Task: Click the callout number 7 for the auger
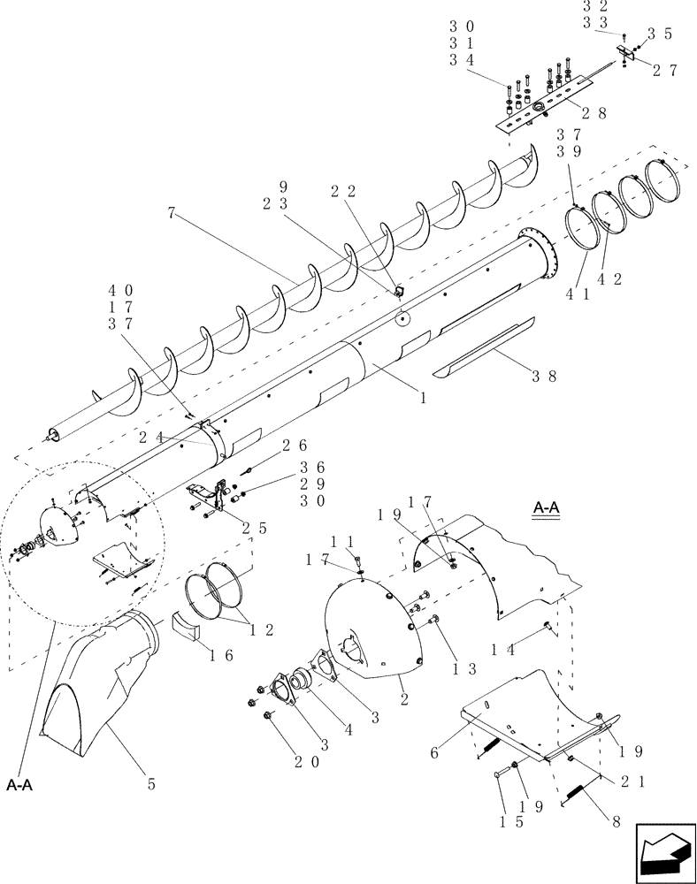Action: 170,214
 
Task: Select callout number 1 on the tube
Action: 424,399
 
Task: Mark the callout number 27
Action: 664,72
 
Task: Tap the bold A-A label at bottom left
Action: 20,783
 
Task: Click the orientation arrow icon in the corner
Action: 663,851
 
